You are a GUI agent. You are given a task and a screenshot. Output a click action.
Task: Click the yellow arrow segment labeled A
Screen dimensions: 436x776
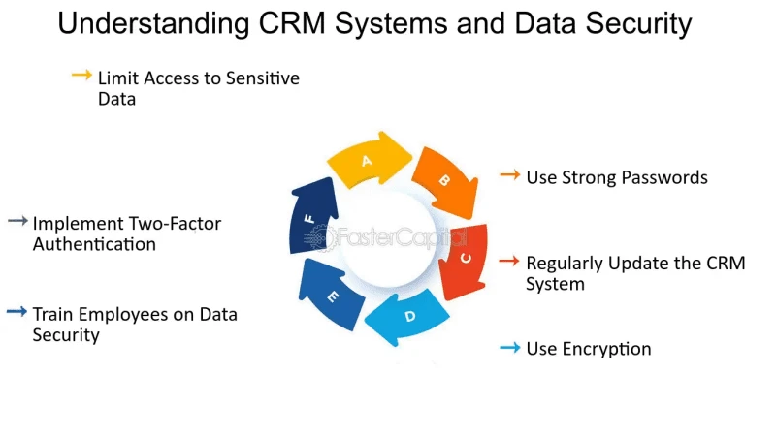(371, 160)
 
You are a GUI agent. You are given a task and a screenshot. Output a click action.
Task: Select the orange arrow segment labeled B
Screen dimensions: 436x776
(443, 181)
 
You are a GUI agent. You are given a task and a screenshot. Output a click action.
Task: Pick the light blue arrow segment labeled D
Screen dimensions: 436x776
(408, 316)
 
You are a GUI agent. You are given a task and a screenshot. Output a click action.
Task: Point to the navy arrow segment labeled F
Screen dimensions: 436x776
(311, 219)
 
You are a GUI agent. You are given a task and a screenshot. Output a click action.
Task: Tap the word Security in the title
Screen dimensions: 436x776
(638, 23)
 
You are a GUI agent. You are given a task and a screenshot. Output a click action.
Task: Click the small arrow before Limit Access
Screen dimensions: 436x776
(81, 75)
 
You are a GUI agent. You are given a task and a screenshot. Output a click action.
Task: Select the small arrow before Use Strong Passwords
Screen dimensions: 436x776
(509, 175)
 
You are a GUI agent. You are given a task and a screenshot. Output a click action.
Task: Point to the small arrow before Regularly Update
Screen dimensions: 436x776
(509, 262)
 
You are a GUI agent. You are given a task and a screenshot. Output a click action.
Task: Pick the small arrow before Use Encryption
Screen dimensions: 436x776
(509, 347)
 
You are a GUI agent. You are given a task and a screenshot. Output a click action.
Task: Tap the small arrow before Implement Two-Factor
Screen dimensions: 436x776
(17, 222)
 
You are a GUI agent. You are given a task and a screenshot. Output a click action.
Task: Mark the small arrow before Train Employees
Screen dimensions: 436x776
(17, 312)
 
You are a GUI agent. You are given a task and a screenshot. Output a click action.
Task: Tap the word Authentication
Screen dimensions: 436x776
(94, 244)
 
